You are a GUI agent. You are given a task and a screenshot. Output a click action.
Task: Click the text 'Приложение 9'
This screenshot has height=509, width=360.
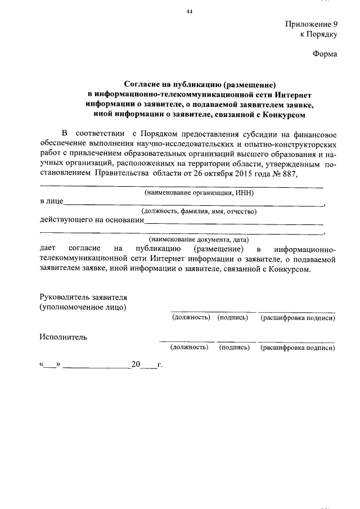point(311,25)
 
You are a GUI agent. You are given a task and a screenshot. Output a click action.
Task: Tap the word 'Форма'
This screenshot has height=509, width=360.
point(325,55)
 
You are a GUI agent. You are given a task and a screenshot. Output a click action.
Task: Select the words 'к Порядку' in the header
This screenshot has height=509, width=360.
point(319,35)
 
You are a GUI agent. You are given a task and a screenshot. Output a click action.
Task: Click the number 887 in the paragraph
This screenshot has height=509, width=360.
point(287,173)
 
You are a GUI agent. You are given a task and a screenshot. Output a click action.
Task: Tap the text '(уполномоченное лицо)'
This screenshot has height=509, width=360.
point(83,307)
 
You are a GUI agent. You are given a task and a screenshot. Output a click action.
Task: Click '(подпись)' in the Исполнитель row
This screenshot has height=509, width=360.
point(235,348)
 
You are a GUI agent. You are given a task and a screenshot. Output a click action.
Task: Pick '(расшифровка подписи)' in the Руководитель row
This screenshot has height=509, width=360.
point(298,318)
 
